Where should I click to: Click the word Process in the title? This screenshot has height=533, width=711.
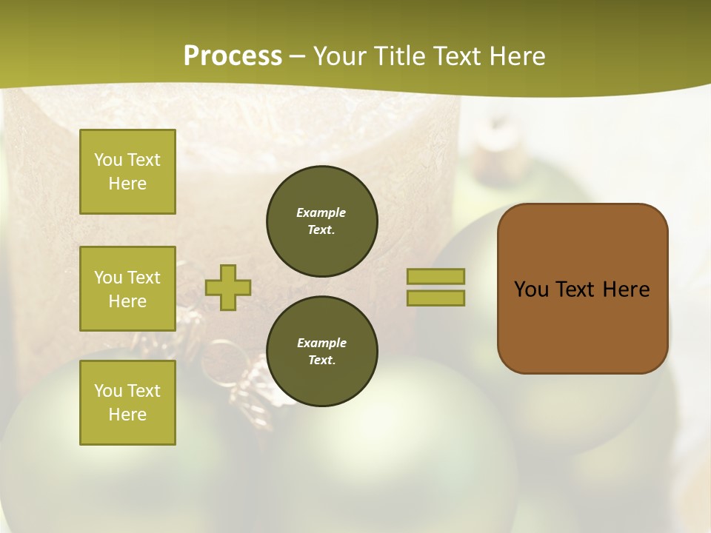click(233, 56)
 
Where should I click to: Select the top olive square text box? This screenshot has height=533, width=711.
click(127, 172)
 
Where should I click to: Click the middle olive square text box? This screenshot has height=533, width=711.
click(127, 289)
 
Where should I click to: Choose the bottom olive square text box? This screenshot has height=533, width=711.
click(127, 403)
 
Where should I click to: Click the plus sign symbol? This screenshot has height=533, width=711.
click(228, 287)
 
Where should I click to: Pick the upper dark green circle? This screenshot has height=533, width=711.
click(321, 221)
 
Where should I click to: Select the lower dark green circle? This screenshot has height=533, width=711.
click(321, 352)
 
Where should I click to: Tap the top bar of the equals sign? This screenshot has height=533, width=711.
click(435, 276)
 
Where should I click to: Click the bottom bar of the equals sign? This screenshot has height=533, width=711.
click(435, 298)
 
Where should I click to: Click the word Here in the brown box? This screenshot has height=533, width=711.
click(626, 289)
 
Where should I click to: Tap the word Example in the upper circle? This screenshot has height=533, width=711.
click(321, 212)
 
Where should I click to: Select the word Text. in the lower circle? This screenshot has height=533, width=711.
click(321, 361)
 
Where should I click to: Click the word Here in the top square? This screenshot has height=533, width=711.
click(127, 184)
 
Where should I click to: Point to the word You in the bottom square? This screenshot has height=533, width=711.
click(108, 391)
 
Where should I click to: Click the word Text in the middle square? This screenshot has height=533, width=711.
click(144, 278)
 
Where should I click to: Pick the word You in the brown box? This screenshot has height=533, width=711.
click(531, 289)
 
